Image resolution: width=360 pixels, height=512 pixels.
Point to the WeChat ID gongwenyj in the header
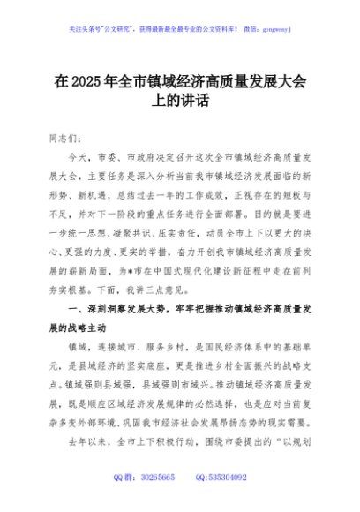[276, 28]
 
